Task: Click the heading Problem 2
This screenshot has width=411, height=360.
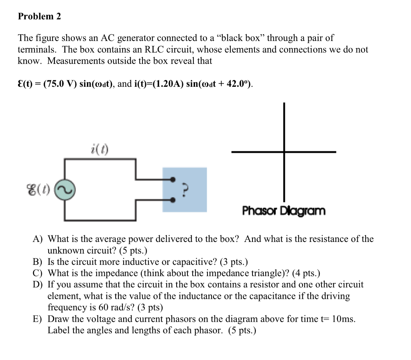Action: coord(39,16)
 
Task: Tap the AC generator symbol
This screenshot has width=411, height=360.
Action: coord(65,189)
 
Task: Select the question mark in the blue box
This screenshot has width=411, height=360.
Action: coord(185,189)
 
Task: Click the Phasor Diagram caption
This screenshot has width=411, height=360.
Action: coord(284,211)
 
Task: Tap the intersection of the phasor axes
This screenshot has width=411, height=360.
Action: coord(284,152)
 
